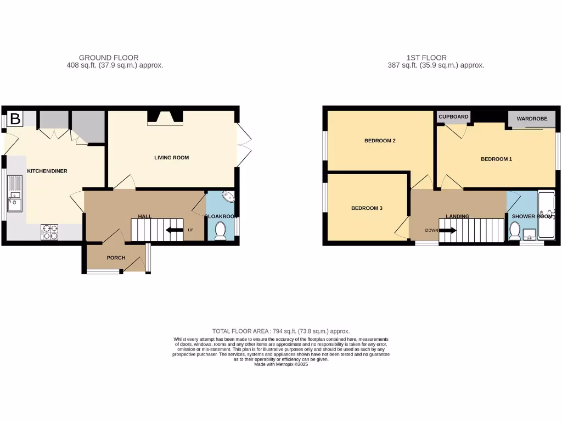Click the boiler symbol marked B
coord(15,119)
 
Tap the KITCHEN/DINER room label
coord(47,171)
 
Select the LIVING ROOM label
coord(171,158)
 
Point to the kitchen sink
coord(14,201)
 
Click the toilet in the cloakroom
coord(221,231)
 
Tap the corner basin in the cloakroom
coord(228,197)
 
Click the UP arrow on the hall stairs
coord(175,230)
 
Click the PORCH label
coord(116,258)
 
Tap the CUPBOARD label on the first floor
coord(453,116)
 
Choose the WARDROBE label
coord(531,118)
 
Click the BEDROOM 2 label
coord(380,141)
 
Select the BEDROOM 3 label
coord(367,208)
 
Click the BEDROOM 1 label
coord(496,159)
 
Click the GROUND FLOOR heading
coord(109,57)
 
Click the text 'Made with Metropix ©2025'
coord(281,364)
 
